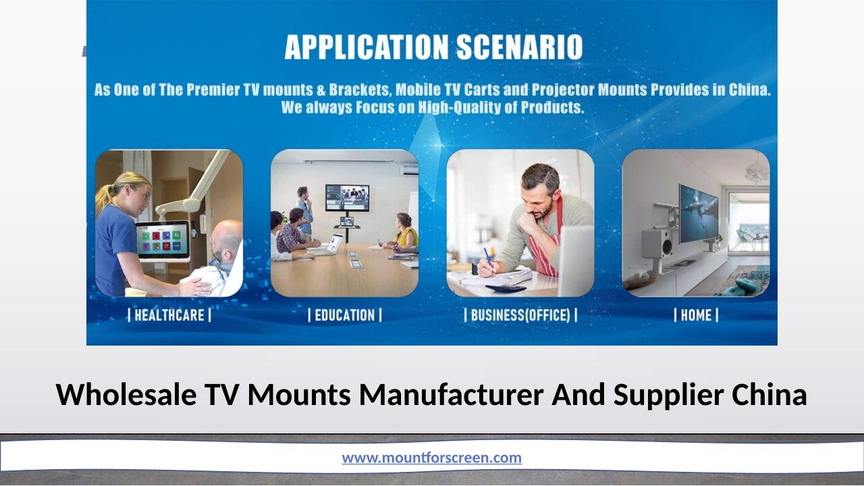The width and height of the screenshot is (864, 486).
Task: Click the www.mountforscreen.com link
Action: click(431, 458)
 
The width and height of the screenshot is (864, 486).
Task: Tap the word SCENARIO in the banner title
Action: click(520, 47)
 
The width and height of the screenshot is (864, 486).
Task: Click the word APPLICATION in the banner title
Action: click(367, 47)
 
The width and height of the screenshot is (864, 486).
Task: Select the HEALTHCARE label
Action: click(169, 315)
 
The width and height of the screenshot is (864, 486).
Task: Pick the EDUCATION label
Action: click(345, 315)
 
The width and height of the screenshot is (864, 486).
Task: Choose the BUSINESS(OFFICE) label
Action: click(520, 315)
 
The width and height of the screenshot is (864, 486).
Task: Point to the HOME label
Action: click(696, 315)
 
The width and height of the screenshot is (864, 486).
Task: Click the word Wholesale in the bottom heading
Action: click(126, 395)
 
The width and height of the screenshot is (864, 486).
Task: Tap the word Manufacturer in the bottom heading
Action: click(452, 395)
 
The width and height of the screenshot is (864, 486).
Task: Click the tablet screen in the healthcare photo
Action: click(163, 240)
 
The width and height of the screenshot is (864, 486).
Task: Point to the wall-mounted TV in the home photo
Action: click(699, 213)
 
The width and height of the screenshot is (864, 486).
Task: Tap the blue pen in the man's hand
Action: click(489, 260)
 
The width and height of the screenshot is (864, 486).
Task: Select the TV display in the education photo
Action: click(347, 198)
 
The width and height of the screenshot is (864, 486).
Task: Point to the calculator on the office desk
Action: click(506, 288)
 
